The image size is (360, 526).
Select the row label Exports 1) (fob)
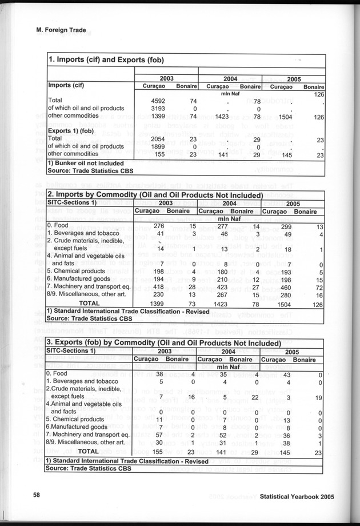coord(73,131)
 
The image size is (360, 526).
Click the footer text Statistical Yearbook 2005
coord(296,497)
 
